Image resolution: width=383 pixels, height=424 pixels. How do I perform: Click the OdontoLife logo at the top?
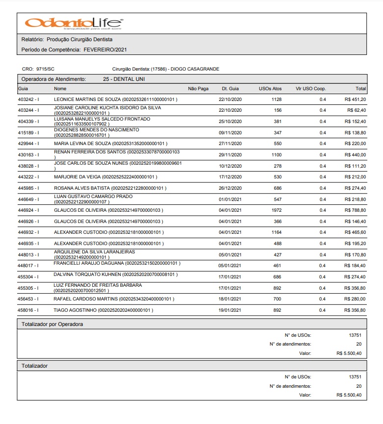[x=74, y=23]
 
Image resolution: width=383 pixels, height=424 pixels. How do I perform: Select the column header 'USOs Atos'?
[x=270, y=89]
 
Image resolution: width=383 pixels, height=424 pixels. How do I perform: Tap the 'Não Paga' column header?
[x=199, y=89]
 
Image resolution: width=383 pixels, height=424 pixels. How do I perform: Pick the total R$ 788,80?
[x=356, y=210]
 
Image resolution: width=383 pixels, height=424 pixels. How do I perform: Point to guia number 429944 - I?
[x=28, y=144]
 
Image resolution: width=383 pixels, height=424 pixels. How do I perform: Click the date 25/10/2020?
[x=230, y=122]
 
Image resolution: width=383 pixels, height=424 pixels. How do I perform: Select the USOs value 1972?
[x=277, y=210]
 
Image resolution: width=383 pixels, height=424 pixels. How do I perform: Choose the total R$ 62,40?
[x=357, y=110]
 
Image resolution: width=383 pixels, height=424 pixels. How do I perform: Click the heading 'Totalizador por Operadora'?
[x=52, y=324]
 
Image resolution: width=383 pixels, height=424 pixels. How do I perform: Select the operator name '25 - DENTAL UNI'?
[x=124, y=79]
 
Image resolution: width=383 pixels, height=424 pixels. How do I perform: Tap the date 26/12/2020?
[x=230, y=188]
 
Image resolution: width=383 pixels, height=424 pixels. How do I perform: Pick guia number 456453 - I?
[x=28, y=299]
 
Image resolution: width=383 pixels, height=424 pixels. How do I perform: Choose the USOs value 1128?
[x=277, y=100]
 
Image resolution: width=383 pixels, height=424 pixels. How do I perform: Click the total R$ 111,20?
[x=356, y=166]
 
